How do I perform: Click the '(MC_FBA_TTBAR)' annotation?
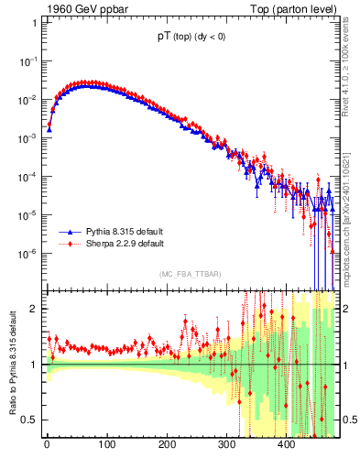pyautogui.click(x=190, y=276)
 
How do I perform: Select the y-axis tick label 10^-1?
pyautogui.click(x=27, y=60)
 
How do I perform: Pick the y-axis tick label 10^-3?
pyautogui.click(x=27, y=137)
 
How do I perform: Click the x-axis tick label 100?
pyautogui.click(x=106, y=446)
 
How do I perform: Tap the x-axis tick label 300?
pyautogui.click(x=226, y=446)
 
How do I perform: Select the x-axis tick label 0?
pyautogui.click(x=47, y=446)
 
